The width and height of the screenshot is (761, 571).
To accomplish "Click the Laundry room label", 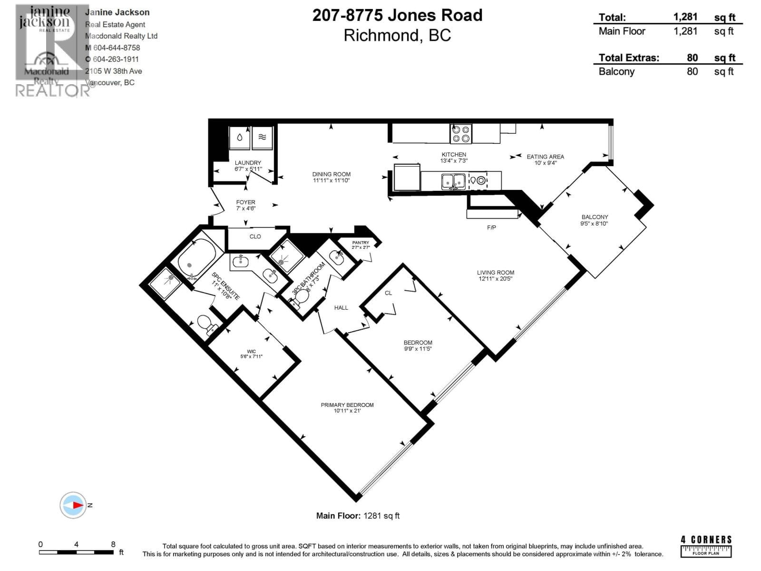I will point(248,163).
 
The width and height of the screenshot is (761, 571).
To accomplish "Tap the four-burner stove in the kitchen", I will point(460,134).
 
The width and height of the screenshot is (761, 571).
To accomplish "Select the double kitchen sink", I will point(453,181).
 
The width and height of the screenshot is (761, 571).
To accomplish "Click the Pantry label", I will point(361,243).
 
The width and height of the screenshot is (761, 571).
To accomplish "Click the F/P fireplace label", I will point(491,227).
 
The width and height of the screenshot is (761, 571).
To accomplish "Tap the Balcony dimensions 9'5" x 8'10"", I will point(594,223).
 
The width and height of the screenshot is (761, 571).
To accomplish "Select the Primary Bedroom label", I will point(347,405).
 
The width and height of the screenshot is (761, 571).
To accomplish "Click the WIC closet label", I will point(251,351).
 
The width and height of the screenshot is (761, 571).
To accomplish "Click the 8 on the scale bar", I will point(113,544).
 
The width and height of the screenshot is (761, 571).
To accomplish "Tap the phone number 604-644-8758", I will point(117,48).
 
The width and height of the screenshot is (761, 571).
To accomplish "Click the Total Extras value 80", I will point(692,58).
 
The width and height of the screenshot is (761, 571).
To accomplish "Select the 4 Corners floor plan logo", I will point(706,546).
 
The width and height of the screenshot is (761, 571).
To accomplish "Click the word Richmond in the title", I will point(380,36).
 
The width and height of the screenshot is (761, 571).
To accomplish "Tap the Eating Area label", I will point(545,157).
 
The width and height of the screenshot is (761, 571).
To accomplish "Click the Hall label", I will point(341,308).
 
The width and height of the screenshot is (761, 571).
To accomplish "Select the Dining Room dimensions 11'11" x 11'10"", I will point(331,180).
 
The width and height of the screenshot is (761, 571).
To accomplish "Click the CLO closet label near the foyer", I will point(255,236).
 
